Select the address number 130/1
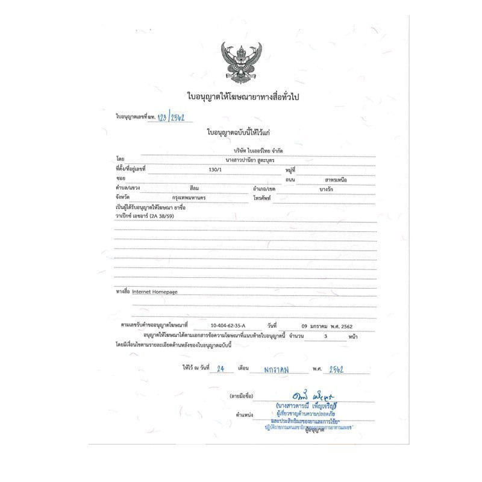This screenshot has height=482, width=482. pyautogui.click(x=215, y=170)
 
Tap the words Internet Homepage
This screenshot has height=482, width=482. pyautogui.click(x=154, y=291)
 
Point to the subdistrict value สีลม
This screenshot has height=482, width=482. pyautogui.click(x=195, y=189)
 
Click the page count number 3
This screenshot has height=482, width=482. pyautogui.click(x=324, y=337)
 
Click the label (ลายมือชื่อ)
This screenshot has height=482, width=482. pyautogui.click(x=242, y=395)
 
